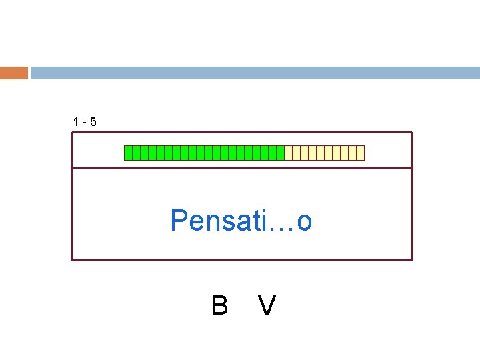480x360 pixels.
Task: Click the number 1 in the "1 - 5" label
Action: click(x=76, y=122)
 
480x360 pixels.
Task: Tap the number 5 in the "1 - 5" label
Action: click(x=93, y=122)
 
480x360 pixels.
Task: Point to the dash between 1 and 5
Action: click(x=84, y=123)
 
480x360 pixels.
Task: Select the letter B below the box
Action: click(x=219, y=306)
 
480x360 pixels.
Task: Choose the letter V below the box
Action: click(x=267, y=306)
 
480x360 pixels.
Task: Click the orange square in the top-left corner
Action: click(x=14, y=73)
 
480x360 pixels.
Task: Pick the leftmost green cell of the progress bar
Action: click(x=129, y=153)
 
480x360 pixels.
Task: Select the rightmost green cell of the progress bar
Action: click(x=281, y=153)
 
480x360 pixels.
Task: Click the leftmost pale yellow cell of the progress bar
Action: click(x=289, y=153)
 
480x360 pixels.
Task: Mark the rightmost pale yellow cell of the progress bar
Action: click(x=361, y=153)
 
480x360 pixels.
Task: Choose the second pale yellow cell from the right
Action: click(x=353, y=153)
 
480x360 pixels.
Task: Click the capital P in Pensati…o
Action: click(x=179, y=221)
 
